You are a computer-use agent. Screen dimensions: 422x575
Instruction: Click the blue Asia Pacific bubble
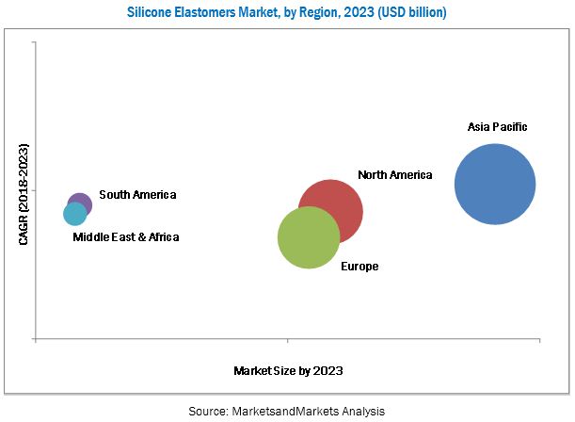[495, 184]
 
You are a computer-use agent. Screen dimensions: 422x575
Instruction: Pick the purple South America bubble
[81, 203]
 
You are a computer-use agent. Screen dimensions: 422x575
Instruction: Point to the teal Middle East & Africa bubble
[74, 215]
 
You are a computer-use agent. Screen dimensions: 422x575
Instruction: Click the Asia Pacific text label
[498, 126]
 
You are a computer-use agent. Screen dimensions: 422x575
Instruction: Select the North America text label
[394, 175]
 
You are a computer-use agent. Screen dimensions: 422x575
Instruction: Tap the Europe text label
[359, 267]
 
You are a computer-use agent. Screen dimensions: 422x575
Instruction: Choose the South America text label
[137, 195]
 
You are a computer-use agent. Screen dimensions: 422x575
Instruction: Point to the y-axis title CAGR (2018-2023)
[23, 195]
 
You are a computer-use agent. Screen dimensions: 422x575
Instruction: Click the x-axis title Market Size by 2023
[288, 371]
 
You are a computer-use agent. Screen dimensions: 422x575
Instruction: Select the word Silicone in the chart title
[152, 12]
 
